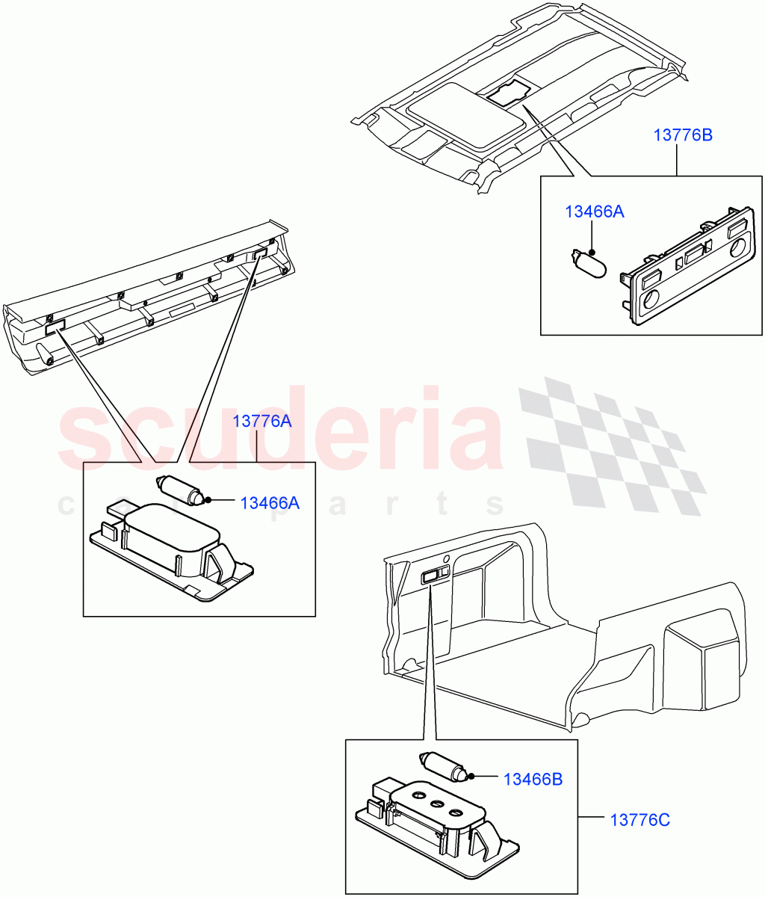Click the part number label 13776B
(682, 135)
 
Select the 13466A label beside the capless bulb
(594, 212)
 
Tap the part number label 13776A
(261, 421)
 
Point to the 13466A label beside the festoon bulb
(269, 503)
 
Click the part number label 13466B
(533, 780)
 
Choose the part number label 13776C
(640, 820)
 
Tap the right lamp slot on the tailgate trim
(259, 255)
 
